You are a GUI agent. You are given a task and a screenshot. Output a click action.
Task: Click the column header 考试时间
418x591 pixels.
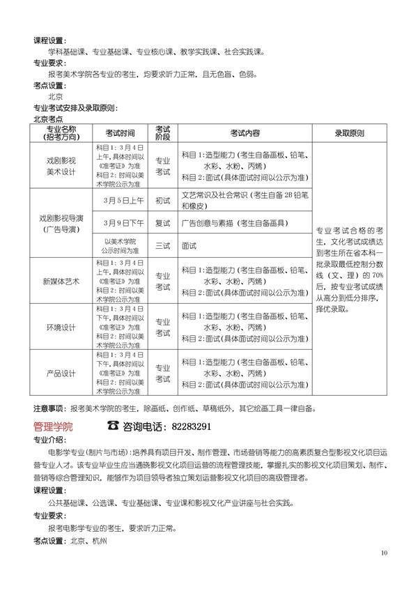click(120, 132)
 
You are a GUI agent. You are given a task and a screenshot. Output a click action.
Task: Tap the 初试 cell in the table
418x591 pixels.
click(162, 200)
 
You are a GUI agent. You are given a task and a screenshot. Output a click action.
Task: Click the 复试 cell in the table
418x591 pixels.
click(162, 223)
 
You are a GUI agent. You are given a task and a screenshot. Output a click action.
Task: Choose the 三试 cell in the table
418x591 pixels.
click(162, 245)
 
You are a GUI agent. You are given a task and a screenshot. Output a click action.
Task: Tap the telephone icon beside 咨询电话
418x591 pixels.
click(113, 426)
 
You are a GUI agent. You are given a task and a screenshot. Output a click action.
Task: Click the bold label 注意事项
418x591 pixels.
click(48, 408)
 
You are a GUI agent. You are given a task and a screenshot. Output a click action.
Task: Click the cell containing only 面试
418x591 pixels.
click(189, 245)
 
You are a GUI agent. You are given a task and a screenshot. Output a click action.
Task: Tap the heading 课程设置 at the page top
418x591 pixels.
click(49, 40)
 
